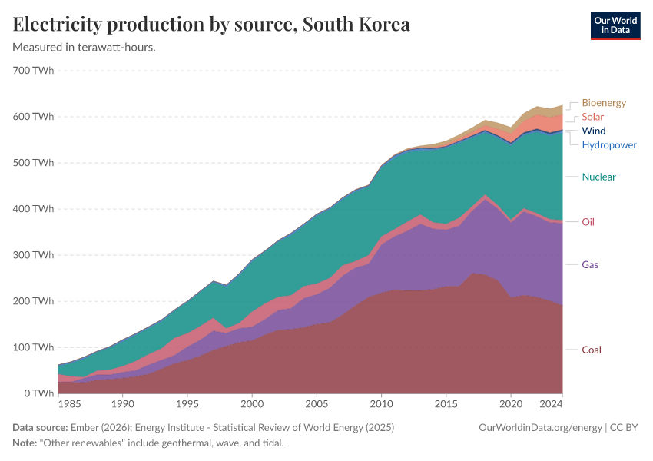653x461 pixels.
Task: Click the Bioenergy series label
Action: point(604,103)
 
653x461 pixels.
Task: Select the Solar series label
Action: point(592,117)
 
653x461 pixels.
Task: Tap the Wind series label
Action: point(594,131)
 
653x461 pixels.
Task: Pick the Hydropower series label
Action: point(608,144)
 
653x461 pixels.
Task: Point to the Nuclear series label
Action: point(598,177)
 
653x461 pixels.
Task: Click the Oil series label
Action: point(588,222)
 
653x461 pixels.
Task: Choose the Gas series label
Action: point(590,265)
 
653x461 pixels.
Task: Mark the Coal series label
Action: point(591,350)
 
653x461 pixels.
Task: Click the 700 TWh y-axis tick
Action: point(34,71)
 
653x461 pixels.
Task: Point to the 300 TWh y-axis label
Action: point(34,255)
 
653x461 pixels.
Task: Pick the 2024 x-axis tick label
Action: point(551,404)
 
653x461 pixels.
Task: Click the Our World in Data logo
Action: point(615,25)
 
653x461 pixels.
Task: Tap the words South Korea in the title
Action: point(356,25)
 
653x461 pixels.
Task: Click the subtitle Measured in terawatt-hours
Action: point(85,48)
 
